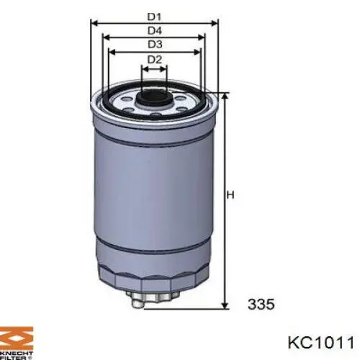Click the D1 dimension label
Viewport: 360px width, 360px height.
pyautogui.click(x=154, y=14)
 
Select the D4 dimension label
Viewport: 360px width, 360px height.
pyautogui.click(x=154, y=30)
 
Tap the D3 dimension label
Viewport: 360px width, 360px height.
pyautogui.click(x=154, y=44)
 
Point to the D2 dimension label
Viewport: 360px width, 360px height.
pyautogui.click(x=154, y=59)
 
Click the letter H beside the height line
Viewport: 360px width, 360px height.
pyautogui.click(x=231, y=195)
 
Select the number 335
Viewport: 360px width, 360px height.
pyautogui.click(x=261, y=305)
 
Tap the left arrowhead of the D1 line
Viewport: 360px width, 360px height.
pyautogui.click(x=93, y=22)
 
